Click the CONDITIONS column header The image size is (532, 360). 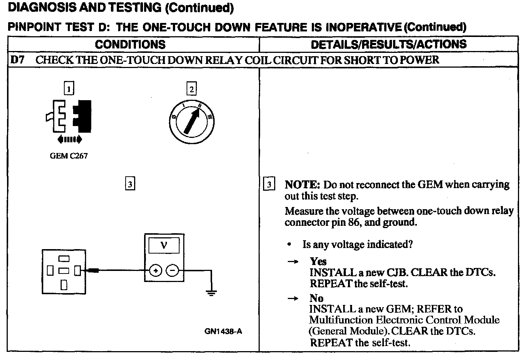(130, 44)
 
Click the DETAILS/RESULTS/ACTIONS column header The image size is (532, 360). (388, 44)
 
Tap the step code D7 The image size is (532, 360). (17, 60)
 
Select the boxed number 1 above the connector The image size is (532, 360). (69, 89)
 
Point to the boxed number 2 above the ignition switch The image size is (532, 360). (191, 89)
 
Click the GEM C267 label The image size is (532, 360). (69, 156)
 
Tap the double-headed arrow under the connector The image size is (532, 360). (69, 139)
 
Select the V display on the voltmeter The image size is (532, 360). (164, 245)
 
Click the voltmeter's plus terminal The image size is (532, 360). (156, 271)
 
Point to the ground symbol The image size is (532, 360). (211, 293)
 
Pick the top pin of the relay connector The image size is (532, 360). (64, 258)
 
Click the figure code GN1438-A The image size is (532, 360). (223, 331)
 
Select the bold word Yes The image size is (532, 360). (318, 261)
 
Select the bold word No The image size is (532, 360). (316, 298)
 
